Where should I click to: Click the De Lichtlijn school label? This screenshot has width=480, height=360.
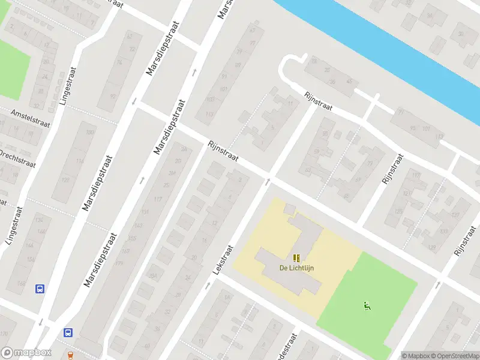click(297, 268)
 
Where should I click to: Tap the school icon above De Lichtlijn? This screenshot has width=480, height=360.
click(297, 257)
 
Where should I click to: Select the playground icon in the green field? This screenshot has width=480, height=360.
click(367, 305)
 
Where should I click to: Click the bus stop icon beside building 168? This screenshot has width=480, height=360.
click(40, 289)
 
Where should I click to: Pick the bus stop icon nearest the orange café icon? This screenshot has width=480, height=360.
click(68, 332)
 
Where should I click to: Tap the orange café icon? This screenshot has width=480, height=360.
click(71, 355)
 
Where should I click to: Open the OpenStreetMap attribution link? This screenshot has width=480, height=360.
click(455, 355)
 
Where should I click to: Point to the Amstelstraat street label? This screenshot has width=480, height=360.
click(30, 118)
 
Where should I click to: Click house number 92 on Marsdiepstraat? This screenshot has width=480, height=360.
click(112, 94)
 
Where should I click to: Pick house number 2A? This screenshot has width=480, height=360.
click(184, 149)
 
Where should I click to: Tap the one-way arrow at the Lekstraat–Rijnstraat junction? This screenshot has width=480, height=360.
click(268, 179)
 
